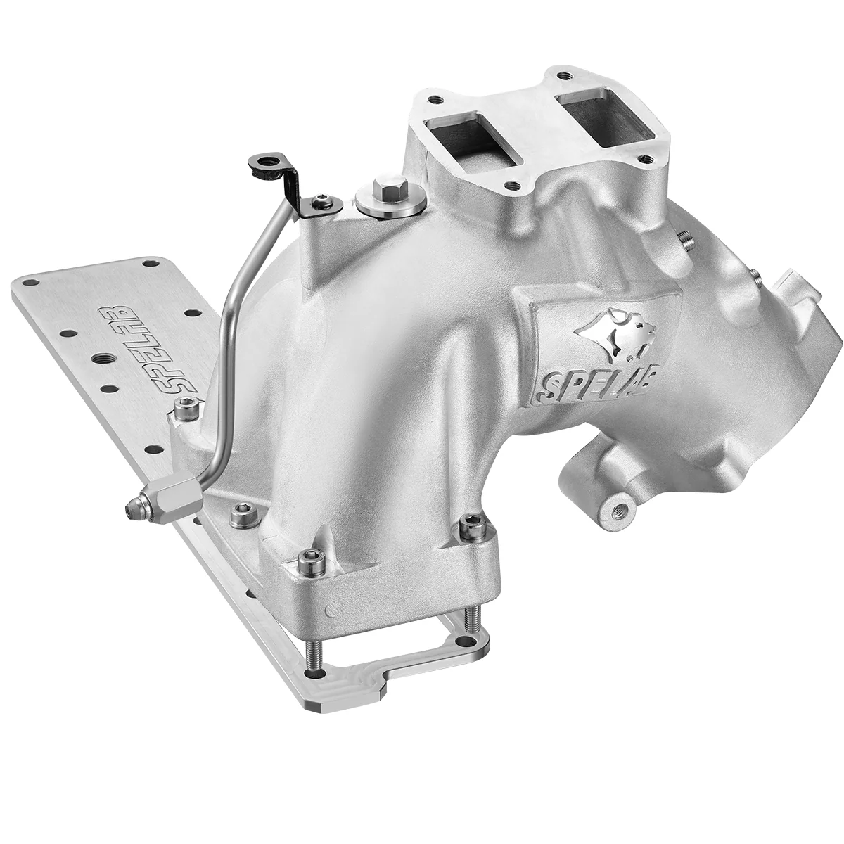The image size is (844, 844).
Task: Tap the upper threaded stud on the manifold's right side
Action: (686, 239)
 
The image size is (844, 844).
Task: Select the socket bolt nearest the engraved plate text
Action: (186, 407)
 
